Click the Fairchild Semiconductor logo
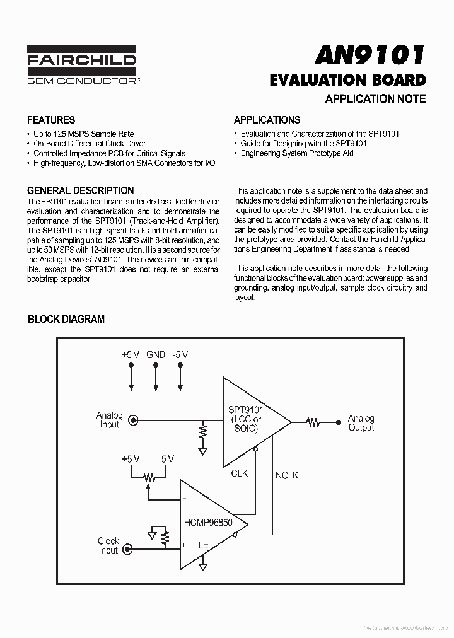click(x=81, y=65)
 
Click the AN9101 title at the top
click(x=370, y=55)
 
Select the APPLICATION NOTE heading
click(x=375, y=98)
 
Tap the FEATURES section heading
click(x=51, y=120)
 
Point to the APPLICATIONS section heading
click(x=267, y=120)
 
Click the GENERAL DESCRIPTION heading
click(x=81, y=190)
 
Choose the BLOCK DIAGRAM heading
click(x=66, y=319)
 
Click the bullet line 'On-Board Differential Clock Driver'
click(x=90, y=144)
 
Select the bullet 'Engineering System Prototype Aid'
click(x=297, y=153)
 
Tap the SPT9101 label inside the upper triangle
click(x=245, y=410)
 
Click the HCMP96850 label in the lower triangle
click(x=208, y=523)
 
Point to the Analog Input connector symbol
click(x=133, y=420)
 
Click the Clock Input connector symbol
click(x=129, y=550)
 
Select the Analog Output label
click(x=361, y=422)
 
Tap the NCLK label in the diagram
click(x=287, y=475)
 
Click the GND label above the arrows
click(x=156, y=355)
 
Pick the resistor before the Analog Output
click(x=314, y=422)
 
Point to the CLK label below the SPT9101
click(x=240, y=473)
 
